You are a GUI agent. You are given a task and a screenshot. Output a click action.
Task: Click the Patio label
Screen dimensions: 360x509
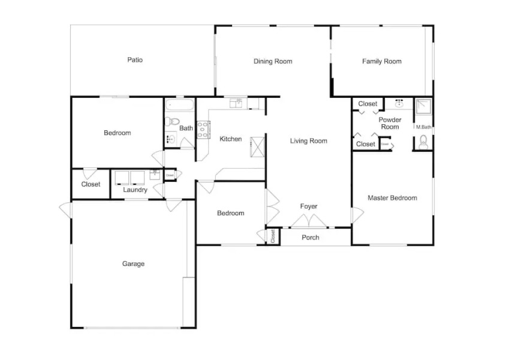pyautogui.click(x=134, y=60)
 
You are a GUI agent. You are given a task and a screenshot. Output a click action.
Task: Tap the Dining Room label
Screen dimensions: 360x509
pyautogui.click(x=273, y=61)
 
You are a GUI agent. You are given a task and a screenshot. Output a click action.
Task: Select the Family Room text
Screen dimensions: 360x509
pyautogui.click(x=381, y=61)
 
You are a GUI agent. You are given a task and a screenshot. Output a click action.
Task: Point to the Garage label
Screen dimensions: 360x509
pyautogui.click(x=133, y=264)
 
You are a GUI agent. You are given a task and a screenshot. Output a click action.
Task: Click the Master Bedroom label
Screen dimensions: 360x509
pyautogui.click(x=392, y=198)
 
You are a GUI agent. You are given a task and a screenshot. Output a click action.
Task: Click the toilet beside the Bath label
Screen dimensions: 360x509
pyautogui.click(x=172, y=122)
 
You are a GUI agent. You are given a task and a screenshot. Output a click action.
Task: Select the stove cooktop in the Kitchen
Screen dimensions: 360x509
pyautogui.click(x=203, y=129)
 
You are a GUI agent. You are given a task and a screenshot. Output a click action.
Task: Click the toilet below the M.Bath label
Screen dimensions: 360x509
pyautogui.click(x=423, y=142)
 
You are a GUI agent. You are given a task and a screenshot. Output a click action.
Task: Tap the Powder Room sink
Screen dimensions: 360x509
pyautogui.click(x=399, y=104)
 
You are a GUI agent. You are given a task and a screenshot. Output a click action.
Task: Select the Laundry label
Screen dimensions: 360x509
pyautogui.click(x=135, y=190)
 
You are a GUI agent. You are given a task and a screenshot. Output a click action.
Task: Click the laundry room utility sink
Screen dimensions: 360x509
pyautogui.click(x=155, y=175)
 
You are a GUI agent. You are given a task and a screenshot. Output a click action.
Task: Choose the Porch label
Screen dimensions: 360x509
pyautogui.click(x=311, y=238)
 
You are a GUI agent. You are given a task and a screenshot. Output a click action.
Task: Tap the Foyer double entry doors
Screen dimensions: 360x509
pyautogui.click(x=309, y=222)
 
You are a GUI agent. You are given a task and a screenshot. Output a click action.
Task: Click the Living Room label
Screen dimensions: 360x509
pyautogui.click(x=309, y=141)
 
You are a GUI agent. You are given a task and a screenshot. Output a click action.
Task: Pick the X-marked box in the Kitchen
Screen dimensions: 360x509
pyautogui.click(x=257, y=146)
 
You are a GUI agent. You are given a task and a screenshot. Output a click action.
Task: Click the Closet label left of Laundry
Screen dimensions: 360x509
pyautogui.click(x=91, y=185)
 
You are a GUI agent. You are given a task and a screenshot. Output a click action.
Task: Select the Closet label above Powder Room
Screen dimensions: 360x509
pyautogui.click(x=368, y=104)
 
